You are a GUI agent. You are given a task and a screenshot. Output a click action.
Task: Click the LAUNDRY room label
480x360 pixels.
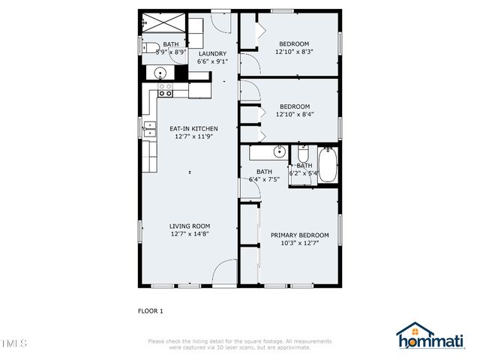213,54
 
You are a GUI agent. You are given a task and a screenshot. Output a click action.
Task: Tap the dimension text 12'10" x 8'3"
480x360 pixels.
293,52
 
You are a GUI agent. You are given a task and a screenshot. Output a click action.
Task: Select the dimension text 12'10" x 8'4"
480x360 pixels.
293,114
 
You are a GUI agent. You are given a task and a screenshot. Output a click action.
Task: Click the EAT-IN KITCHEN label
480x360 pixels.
193,129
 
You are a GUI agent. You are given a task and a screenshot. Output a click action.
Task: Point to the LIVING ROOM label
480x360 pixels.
189,226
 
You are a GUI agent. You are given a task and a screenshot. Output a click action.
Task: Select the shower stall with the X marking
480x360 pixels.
163,22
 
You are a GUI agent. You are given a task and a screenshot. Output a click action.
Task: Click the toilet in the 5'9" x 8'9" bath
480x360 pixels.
150,49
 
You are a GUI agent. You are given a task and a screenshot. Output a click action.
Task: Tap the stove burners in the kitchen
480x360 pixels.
166,90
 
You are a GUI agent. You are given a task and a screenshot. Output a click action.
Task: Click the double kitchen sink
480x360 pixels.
149,129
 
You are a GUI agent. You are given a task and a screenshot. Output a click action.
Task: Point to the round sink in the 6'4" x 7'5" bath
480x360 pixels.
279,152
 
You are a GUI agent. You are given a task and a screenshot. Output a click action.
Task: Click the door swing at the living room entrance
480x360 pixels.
224,274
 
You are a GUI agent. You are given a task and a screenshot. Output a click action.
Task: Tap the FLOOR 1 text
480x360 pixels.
150,310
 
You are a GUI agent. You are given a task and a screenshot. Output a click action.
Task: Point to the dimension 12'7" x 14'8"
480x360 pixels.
189,234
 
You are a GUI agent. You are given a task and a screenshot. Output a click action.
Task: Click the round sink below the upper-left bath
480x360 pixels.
159,73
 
